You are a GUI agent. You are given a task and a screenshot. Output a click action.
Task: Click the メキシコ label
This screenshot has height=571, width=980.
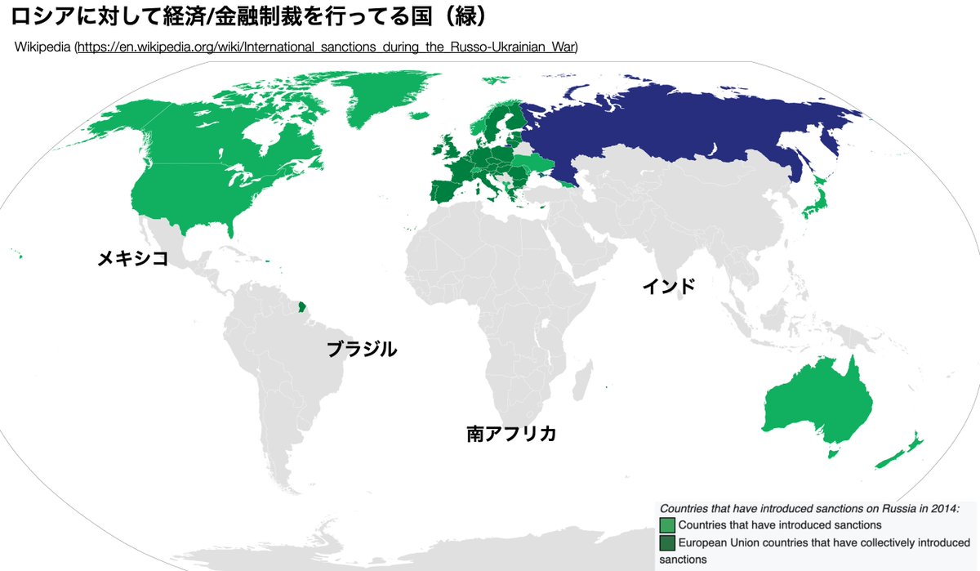(x=132, y=259)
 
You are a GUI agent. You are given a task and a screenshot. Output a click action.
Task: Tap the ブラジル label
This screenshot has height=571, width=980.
(x=362, y=350)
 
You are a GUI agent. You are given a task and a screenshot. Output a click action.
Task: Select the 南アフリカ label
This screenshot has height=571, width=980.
(x=511, y=434)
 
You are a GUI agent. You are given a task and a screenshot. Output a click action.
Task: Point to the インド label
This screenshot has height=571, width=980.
(x=669, y=286)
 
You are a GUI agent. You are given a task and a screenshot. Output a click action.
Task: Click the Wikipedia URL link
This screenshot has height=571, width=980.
(x=327, y=47)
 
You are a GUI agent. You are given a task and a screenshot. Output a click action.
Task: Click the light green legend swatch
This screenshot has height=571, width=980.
(x=667, y=524)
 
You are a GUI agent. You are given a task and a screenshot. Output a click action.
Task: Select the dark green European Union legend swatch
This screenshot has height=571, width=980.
(x=667, y=542)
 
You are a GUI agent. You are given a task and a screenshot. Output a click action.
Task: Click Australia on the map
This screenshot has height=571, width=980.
(x=817, y=400)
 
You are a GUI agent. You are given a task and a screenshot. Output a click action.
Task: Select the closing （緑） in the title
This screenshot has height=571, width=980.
(x=462, y=16)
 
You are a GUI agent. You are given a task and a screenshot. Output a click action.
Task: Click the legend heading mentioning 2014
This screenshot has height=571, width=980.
(x=809, y=507)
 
